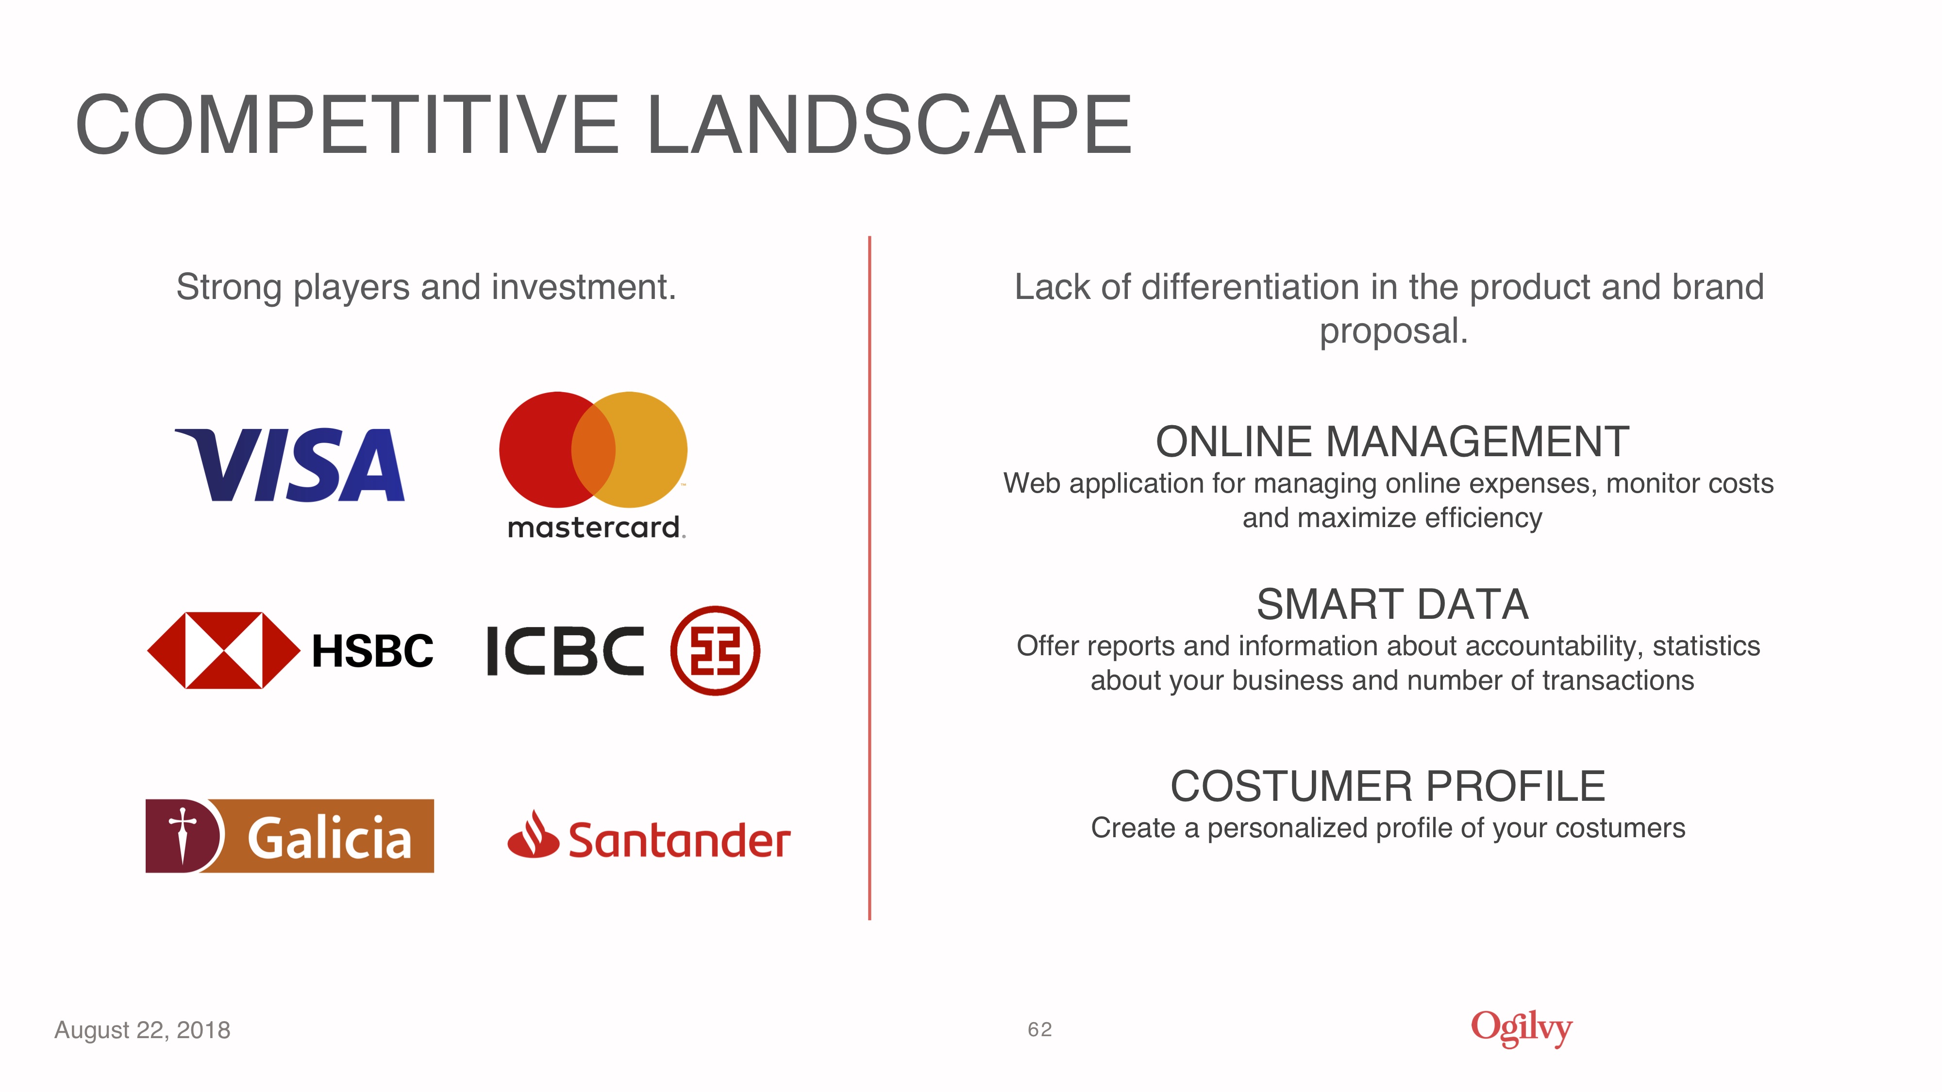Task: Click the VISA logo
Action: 289,464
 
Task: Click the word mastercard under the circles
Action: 596,527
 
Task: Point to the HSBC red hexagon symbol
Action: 223,650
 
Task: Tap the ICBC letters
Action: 566,650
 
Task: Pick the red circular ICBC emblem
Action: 715,650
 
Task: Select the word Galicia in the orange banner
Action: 330,837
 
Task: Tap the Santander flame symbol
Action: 533,834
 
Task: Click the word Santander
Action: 679,840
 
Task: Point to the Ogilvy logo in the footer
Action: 1522,1028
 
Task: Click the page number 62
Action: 1039,1029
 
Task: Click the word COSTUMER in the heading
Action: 1291,787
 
